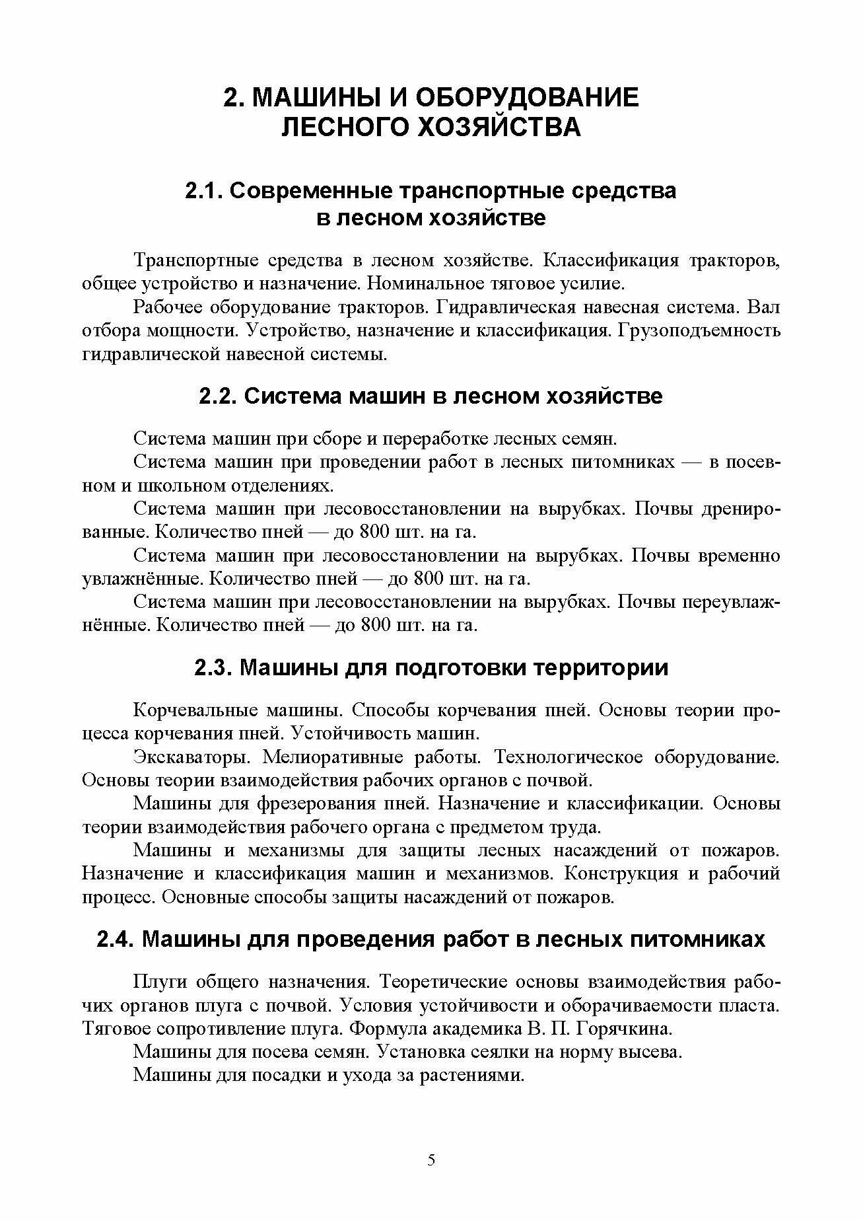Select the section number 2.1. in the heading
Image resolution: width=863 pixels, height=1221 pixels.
point(205,191)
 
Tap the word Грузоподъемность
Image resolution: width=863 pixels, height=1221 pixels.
point(699,330)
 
